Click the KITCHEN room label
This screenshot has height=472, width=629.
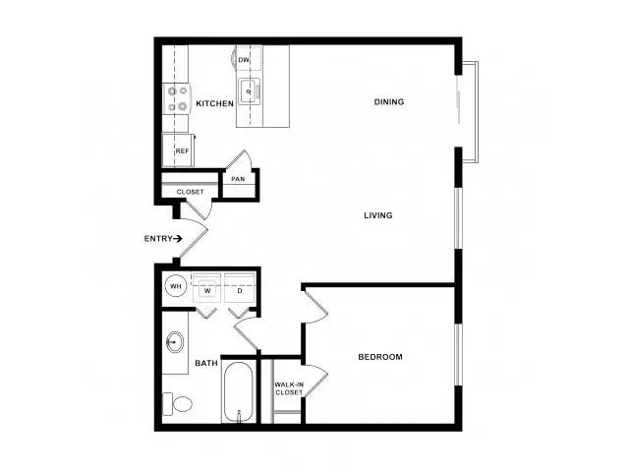214,103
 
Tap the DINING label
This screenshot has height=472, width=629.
389,102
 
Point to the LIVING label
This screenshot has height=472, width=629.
377,215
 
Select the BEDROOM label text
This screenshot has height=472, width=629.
380,357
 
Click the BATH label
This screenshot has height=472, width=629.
206,363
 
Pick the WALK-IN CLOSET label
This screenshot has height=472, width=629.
289,388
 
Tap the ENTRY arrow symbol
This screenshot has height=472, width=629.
177,239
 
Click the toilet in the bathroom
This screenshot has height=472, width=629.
177,404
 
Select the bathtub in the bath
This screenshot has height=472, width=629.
238,391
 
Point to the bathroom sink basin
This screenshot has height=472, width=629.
175,342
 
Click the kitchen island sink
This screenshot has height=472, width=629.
249,91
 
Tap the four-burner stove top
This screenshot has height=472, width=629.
177,97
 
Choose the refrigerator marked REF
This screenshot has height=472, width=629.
178,150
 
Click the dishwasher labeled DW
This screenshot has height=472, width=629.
249,59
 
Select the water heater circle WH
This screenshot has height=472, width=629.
176,286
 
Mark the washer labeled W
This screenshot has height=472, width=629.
206,288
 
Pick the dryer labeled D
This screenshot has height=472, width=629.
240,288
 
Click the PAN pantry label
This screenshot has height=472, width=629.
238,179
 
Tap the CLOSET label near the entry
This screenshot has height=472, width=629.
190,192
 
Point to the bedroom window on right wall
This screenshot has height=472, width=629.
458,354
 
